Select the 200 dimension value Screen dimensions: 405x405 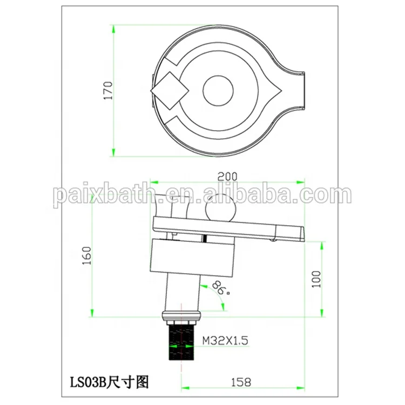228,176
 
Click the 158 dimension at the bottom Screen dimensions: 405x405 240,382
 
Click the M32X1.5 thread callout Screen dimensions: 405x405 225,341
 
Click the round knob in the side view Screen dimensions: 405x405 221,207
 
